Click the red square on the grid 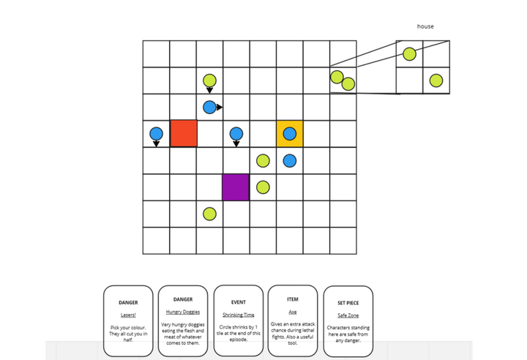click(183, 133)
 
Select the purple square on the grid click(236, 187)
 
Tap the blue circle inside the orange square click(290, 133)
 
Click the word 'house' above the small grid click(425, 26)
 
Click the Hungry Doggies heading click(183, 312)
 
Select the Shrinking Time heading click(238, 315)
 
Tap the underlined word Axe click(293, 312)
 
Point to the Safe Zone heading click(348, 315)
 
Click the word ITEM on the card click(293, 299)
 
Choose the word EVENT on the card click(238, 301)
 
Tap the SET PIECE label click(348, 302)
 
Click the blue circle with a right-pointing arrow click(210, 107)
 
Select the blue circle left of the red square click(156, 134)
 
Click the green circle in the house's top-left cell click(409, 54)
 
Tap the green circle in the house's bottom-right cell click(436, 80)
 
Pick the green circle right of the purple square click(263, 187)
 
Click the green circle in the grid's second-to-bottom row click(209, 214)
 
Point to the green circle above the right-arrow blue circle click(209, 80)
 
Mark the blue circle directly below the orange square click(290, 160)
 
